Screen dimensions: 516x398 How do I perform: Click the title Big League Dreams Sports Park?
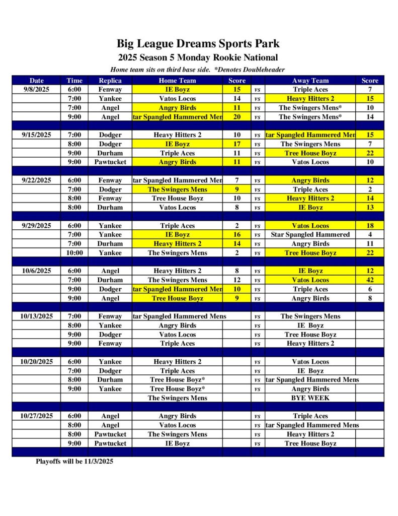pos(198,44)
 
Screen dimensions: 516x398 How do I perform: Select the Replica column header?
pos(110,80)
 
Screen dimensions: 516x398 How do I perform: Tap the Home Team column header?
pos(177,80)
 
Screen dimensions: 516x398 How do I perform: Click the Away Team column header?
pos(310,80)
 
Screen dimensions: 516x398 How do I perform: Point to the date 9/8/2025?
pos(37,89)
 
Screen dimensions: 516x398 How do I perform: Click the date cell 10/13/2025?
pos(37,316)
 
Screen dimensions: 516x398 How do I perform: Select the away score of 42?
pos(370,280)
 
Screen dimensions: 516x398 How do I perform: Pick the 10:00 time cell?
pos(74,252)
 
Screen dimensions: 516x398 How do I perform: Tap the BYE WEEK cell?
pos(310,398)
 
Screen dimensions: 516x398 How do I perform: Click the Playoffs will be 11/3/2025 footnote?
pos(74,461)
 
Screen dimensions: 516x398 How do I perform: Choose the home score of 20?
pos(237,116)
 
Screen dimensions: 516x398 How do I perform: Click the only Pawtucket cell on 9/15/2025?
pos(110,162)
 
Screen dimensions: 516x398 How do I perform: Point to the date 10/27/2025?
pos(37,416)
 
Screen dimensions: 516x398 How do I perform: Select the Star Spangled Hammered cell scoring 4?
pos(310,234)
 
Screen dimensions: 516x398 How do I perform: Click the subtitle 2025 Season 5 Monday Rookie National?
pos(198,57)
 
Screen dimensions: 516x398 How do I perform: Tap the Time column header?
pos(74,80)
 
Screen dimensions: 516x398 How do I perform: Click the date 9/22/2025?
pos(37,180)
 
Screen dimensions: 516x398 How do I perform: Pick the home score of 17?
pos(237,144)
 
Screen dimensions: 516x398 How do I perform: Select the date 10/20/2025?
pos(37,361)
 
